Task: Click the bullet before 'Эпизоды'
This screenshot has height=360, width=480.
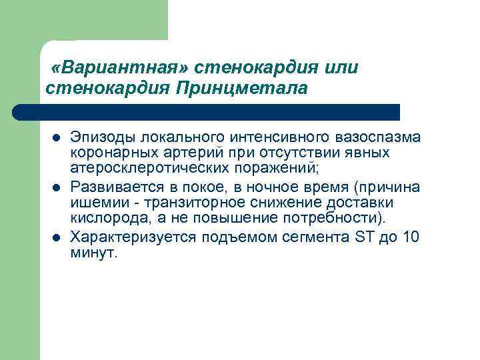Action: tap(57, 139)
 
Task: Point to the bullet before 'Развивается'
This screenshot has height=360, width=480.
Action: tap(57, 187)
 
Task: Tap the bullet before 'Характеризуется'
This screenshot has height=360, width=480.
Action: tap(57, 237)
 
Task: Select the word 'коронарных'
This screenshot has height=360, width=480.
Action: tap(107, 153)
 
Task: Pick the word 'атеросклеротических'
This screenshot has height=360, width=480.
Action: tap(144, 169)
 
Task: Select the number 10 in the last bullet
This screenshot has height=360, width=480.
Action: tap(411, 236)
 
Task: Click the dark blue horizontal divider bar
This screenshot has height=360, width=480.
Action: tap(207, 112)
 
